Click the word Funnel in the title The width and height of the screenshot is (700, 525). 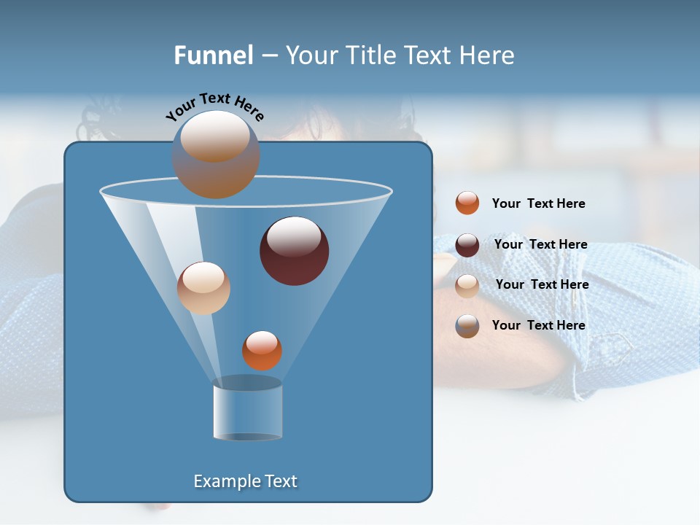[x=213, y=55]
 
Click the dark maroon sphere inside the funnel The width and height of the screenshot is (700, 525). [x=294, y=251]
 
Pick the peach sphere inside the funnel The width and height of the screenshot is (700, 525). [x=203, y=288]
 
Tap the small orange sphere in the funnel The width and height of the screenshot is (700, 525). [x=262, y=350]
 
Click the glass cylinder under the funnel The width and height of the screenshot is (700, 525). [x=247, y=410]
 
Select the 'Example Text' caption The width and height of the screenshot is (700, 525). [x=245, y=481]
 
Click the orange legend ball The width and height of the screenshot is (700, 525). [x=467, y=203]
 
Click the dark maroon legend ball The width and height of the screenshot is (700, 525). [x=467, y=245]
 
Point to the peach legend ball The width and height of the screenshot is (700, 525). [x=467, y=286]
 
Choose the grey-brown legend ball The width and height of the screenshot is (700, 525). [x=467, y=326]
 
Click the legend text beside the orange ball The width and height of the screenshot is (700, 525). [x=538, y=203]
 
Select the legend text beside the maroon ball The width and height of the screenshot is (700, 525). [x=540, y=244]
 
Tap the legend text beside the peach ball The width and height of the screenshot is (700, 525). [x=542, y=284]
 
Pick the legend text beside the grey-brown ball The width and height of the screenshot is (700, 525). [x=538, y=325]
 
